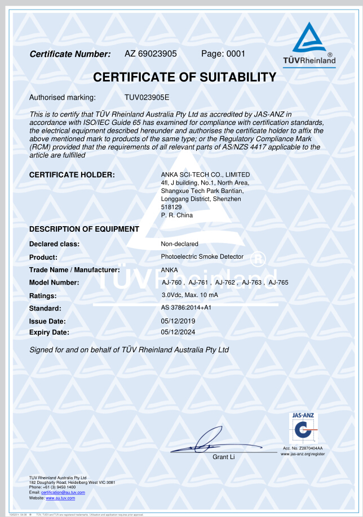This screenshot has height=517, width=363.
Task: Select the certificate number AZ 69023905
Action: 150,54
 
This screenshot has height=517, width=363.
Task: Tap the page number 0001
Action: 236,54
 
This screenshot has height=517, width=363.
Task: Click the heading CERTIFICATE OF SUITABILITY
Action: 184,78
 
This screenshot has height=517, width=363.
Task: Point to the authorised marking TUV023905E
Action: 147,97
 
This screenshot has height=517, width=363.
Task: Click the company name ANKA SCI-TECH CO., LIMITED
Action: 205,174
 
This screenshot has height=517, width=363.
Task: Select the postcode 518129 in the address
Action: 171,207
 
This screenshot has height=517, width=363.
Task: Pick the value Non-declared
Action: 179,244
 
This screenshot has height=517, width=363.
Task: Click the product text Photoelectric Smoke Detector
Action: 202,257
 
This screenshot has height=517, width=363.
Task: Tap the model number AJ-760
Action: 172,282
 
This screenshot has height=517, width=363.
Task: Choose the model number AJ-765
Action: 278,282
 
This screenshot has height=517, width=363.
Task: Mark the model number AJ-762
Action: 225,282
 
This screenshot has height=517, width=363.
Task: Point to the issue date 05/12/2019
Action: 178,321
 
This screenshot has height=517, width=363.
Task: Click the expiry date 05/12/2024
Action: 178,332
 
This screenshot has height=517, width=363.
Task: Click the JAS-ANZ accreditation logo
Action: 303,429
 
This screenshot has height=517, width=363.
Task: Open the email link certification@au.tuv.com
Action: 63,492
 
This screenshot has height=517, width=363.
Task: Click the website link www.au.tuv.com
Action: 60,498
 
